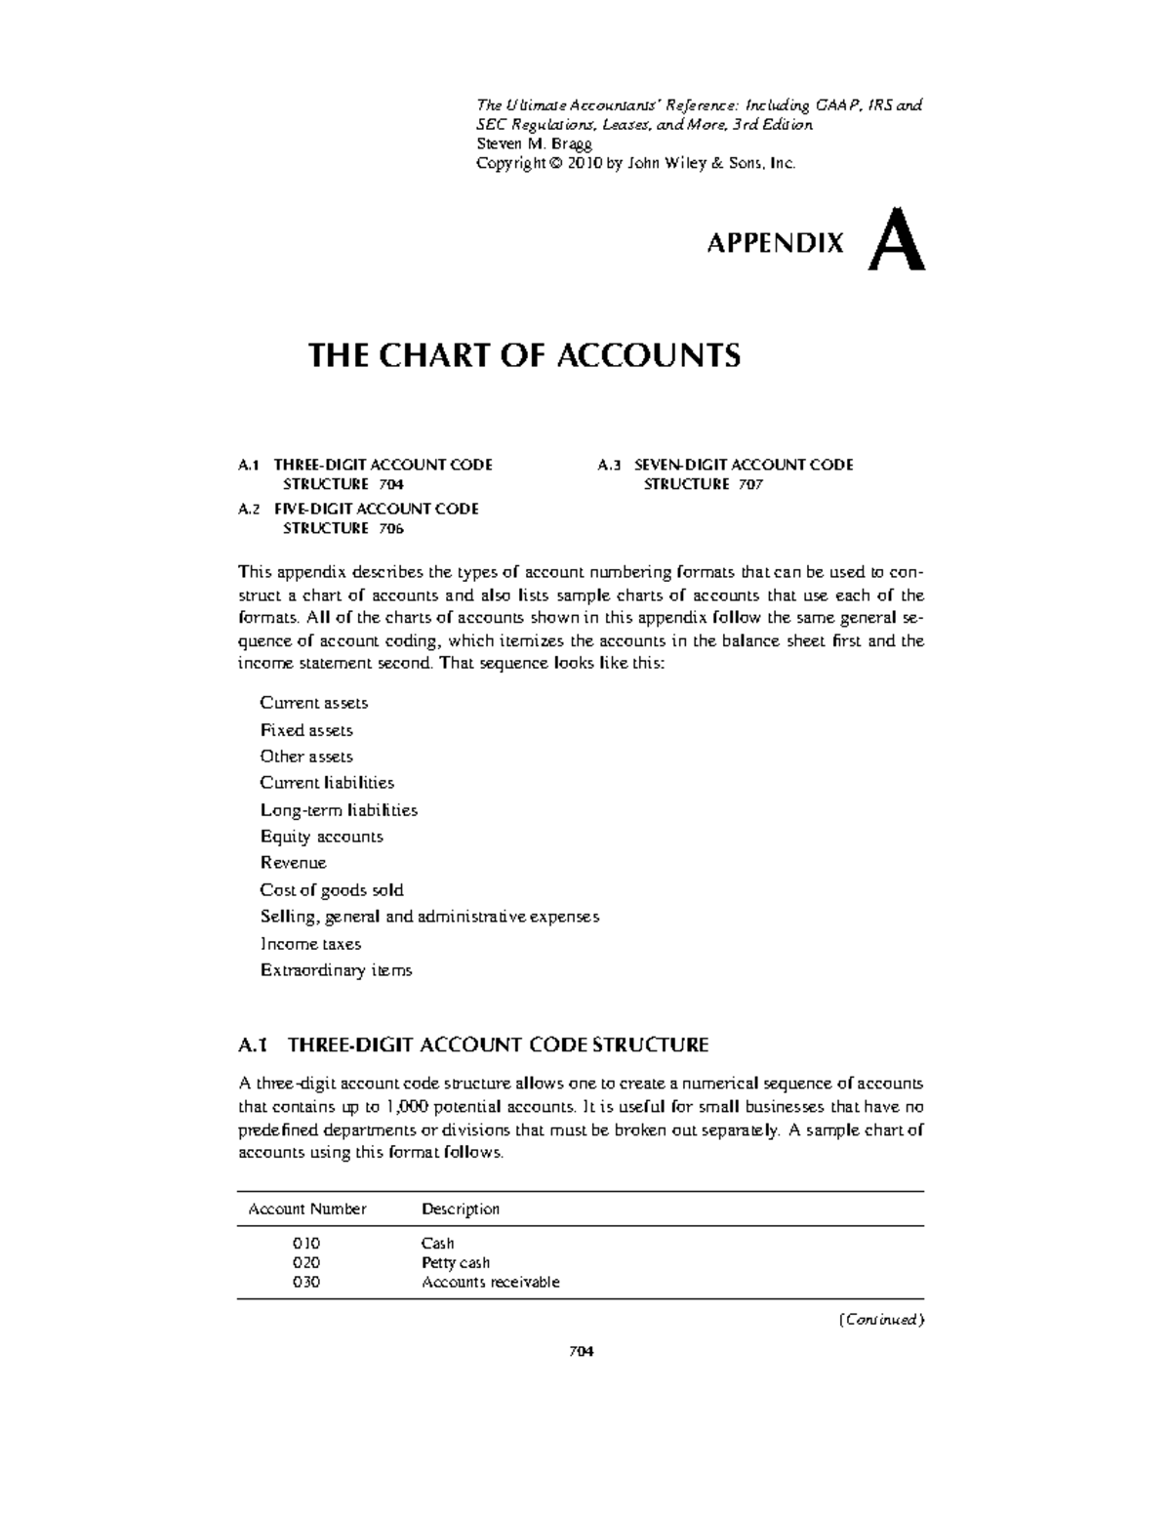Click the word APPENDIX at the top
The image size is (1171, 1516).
coord(775,244)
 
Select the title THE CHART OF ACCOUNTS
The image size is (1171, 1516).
coord(524,355)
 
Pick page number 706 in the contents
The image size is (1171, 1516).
coord(390,528)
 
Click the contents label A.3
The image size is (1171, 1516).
coord(609,465)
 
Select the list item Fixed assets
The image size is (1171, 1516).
coord(306,730)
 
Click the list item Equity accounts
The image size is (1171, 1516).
coord(321,837)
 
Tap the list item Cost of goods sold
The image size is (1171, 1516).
coord(332,890)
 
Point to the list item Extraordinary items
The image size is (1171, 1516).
coord(336,970)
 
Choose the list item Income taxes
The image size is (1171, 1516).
coord(310,944)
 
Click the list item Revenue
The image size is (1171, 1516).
coord(293,863)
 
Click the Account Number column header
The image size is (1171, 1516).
coord(307,1209)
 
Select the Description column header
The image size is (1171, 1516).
coord(461,1209)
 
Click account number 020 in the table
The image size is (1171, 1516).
coord(306,1263)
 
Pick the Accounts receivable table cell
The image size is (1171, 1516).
coord(490,1283)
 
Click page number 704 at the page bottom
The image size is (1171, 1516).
coord(582,1352)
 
